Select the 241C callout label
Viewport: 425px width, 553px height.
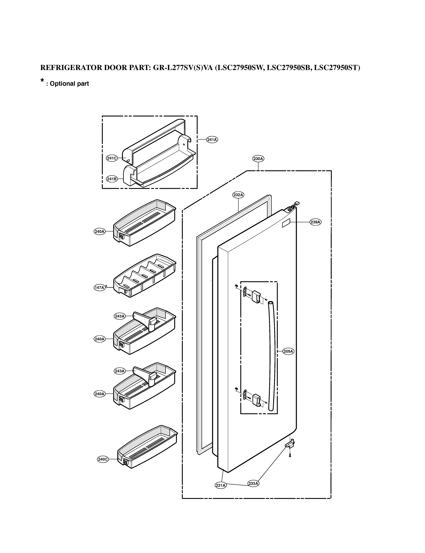coord(112,158)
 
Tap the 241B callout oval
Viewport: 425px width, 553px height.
coord(112,179)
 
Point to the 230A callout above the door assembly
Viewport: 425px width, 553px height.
coord(258,159)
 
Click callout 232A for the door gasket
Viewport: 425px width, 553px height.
coord(238,195)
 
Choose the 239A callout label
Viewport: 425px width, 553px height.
coord(315,222)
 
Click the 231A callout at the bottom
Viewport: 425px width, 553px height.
coord(221,485)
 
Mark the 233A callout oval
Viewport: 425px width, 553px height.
coord(253,483)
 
